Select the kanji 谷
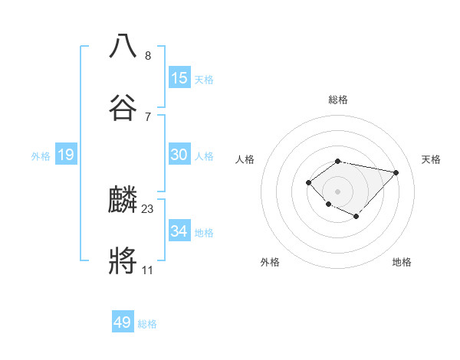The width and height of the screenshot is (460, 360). point(123,108)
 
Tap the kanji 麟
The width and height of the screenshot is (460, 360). point(123,200)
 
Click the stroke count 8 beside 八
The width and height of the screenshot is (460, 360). point(148,55)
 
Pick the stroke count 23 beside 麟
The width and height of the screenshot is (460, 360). point(148,208)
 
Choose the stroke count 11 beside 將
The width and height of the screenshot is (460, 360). point(148,270)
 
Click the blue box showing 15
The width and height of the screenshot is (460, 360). point(179,78)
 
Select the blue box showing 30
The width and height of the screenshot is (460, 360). point(179,155)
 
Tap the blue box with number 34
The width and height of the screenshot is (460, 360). point(179,231)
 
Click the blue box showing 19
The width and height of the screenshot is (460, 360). point(66,155)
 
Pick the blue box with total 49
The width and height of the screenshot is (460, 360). point(123,323)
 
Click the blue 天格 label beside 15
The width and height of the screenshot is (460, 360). point(204,80)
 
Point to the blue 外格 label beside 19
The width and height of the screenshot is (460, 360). point(41,156)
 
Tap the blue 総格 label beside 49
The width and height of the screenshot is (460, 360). point(147,325)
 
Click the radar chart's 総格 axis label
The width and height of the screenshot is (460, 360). point(338,100)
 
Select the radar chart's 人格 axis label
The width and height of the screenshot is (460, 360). point(245,159)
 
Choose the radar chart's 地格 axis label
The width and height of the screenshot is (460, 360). point(402,262)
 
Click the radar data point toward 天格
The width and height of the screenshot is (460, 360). point(396,172)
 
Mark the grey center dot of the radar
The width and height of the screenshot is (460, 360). point(337,191)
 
